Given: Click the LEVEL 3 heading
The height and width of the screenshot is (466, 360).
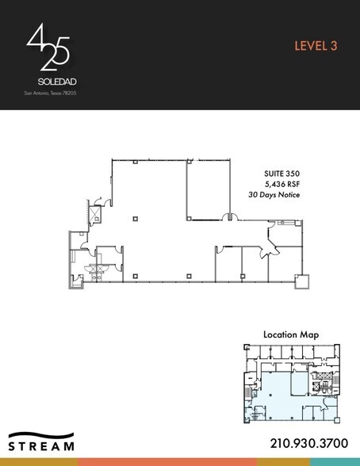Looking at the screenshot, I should point(316,45).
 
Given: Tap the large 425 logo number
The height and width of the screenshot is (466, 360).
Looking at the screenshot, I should point(48,50).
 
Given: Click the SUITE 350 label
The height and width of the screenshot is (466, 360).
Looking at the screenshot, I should point(281,173).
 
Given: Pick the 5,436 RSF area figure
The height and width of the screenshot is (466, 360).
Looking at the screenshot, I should point(282,183).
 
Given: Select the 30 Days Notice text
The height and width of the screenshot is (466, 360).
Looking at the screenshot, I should point(274,194).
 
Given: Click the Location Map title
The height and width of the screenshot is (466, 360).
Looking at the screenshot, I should point(291,335).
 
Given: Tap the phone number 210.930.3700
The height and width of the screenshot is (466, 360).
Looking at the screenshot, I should point(304,443).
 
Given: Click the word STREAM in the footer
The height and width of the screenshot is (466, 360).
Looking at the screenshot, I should point(42,446).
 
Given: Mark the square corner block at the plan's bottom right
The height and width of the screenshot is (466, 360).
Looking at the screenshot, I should point(301,281).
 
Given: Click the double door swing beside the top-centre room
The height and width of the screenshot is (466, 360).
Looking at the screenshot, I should point(228,216).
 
